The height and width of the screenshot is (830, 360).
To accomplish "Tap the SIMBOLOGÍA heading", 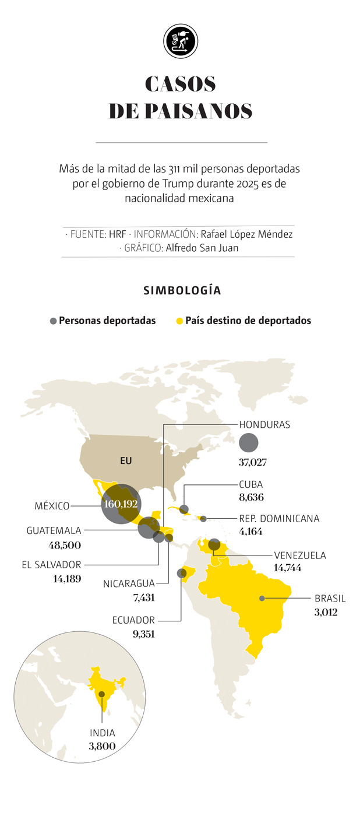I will click(x=182, y=290).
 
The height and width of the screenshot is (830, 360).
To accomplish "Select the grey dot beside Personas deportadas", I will click(x=53, y=321).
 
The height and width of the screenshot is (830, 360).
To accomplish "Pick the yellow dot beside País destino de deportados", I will click(x=179, y=321).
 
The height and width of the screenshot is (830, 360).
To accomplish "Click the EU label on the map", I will click(x=126, y=460).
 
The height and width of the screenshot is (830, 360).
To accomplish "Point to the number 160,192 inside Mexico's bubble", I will click(x=121, y=504).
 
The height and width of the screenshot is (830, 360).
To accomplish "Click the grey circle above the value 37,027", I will click(x=249, y=443).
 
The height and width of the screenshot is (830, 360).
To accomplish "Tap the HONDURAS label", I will click(x=264, y=425).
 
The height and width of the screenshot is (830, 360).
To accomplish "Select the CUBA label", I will click(x=250, y=484).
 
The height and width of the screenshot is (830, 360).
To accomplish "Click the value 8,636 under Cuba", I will click(x=250, y=497).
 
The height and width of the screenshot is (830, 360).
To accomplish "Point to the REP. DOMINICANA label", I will click(x=279, y=518).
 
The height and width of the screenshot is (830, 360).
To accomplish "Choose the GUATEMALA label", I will click(x=54, y=530).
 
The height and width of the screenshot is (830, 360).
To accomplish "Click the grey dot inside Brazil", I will click(x=262, y=598).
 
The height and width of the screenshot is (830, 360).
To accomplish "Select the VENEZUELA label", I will click(x=299, y=555).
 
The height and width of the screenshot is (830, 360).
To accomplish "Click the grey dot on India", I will click(x=102, y=694).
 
